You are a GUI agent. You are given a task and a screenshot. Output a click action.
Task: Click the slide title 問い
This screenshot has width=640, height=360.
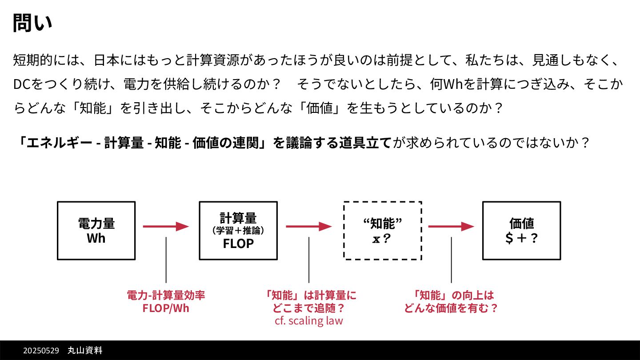32,23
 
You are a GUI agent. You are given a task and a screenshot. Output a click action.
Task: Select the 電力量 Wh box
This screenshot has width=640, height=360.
96,231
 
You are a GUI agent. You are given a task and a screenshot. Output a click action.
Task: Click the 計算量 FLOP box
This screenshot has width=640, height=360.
238,231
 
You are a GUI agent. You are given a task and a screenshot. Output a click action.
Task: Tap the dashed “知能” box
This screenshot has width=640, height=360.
382,231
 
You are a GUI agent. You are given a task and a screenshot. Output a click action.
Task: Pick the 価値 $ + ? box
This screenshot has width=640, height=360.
521,231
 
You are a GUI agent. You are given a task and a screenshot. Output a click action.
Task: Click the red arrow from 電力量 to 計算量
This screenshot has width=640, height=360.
166,227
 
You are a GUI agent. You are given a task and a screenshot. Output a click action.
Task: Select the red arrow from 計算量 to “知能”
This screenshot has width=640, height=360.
308,227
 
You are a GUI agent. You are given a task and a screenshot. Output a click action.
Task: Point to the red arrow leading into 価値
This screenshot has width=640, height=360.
451,227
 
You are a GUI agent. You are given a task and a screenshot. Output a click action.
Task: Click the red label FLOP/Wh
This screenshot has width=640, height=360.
166,308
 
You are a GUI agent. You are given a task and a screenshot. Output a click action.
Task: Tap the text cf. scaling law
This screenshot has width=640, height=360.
309,320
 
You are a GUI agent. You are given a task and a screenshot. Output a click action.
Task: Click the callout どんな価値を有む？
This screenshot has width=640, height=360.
451,308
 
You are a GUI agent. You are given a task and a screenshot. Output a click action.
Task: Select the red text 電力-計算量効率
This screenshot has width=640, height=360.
166,296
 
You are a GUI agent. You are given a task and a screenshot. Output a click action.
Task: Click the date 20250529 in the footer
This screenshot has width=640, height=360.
41,351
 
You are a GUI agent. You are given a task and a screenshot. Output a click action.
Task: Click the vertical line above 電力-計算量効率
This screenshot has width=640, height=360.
166,260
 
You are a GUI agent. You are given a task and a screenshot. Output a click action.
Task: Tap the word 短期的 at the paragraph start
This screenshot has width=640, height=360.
33,60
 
